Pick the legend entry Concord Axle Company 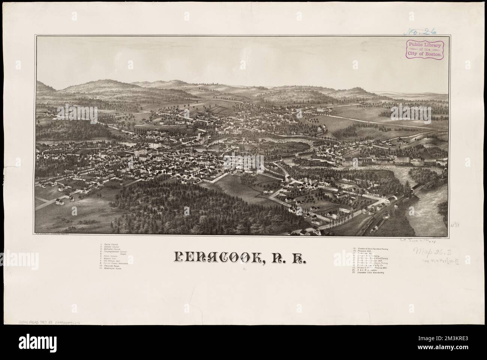tap(367, 257)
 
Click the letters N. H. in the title tap(288, 258)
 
